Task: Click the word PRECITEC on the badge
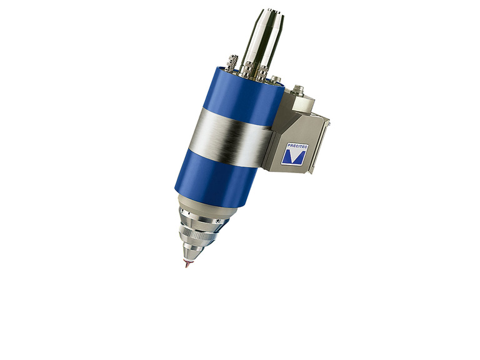click(x=298, y=147)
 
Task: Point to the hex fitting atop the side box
click(x=297, y=89)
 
